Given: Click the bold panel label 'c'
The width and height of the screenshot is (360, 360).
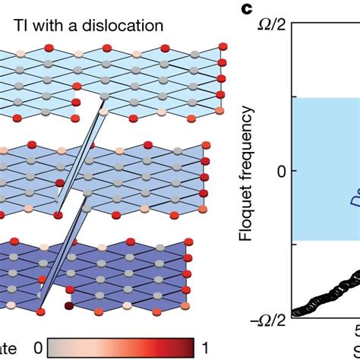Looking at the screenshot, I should pos(246,9).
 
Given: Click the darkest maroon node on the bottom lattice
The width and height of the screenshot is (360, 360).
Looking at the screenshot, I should pos(70,307).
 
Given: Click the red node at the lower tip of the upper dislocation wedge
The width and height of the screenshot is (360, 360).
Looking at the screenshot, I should pos(58,216).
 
